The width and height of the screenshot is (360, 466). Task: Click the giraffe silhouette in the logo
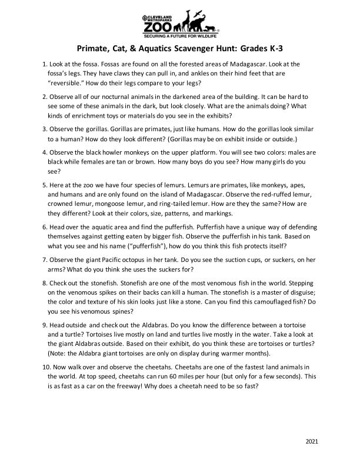pyautogui.click(x=188, y=20)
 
